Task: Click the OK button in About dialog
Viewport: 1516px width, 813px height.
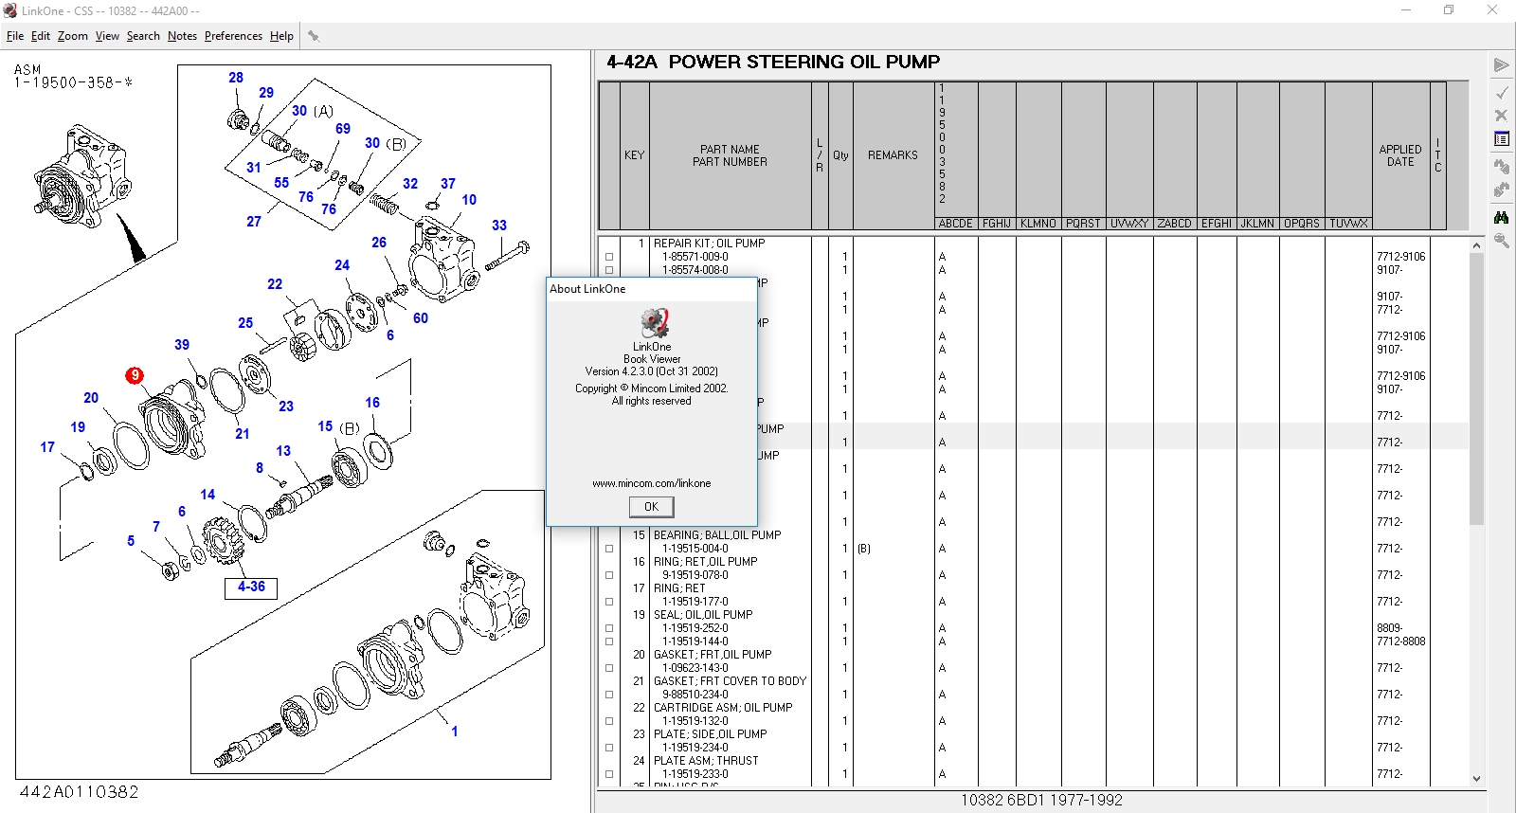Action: (x=651, y=507)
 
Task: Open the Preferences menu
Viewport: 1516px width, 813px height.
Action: (x=233, y=36)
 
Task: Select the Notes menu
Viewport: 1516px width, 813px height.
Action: (x=182, y=36)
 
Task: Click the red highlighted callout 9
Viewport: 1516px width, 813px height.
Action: (x=135, y=375)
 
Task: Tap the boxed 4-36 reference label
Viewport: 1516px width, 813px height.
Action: (x=251, y=587)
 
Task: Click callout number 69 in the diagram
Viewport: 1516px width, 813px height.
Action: (x=343, y=129)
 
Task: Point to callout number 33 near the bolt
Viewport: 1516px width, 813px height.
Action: (x=499, y=226)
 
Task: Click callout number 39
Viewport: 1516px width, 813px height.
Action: (x=182, y=345)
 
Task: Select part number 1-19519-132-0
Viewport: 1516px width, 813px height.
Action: (x=695, y=721)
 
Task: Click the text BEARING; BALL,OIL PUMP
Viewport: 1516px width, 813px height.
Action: (x=717, y=535)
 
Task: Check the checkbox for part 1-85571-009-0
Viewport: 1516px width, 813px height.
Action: (x=609, y=257)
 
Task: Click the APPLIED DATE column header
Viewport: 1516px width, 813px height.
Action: (x=1399, y=155)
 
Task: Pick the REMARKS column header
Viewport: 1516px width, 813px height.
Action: (x=893, y=155)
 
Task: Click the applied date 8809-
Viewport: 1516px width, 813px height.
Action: (x=1389, y=628)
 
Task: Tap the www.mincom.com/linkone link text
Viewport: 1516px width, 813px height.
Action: (x=651, y=483)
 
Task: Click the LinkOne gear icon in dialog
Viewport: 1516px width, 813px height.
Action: (x=653, y=323)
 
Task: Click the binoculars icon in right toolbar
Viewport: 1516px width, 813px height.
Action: (x=1502, y=217)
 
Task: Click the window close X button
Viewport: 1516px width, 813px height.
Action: (x=1492, y=10)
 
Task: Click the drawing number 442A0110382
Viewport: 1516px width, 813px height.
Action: (x=79, y=792)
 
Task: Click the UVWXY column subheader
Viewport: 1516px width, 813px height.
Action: (x=1128, y=224)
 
